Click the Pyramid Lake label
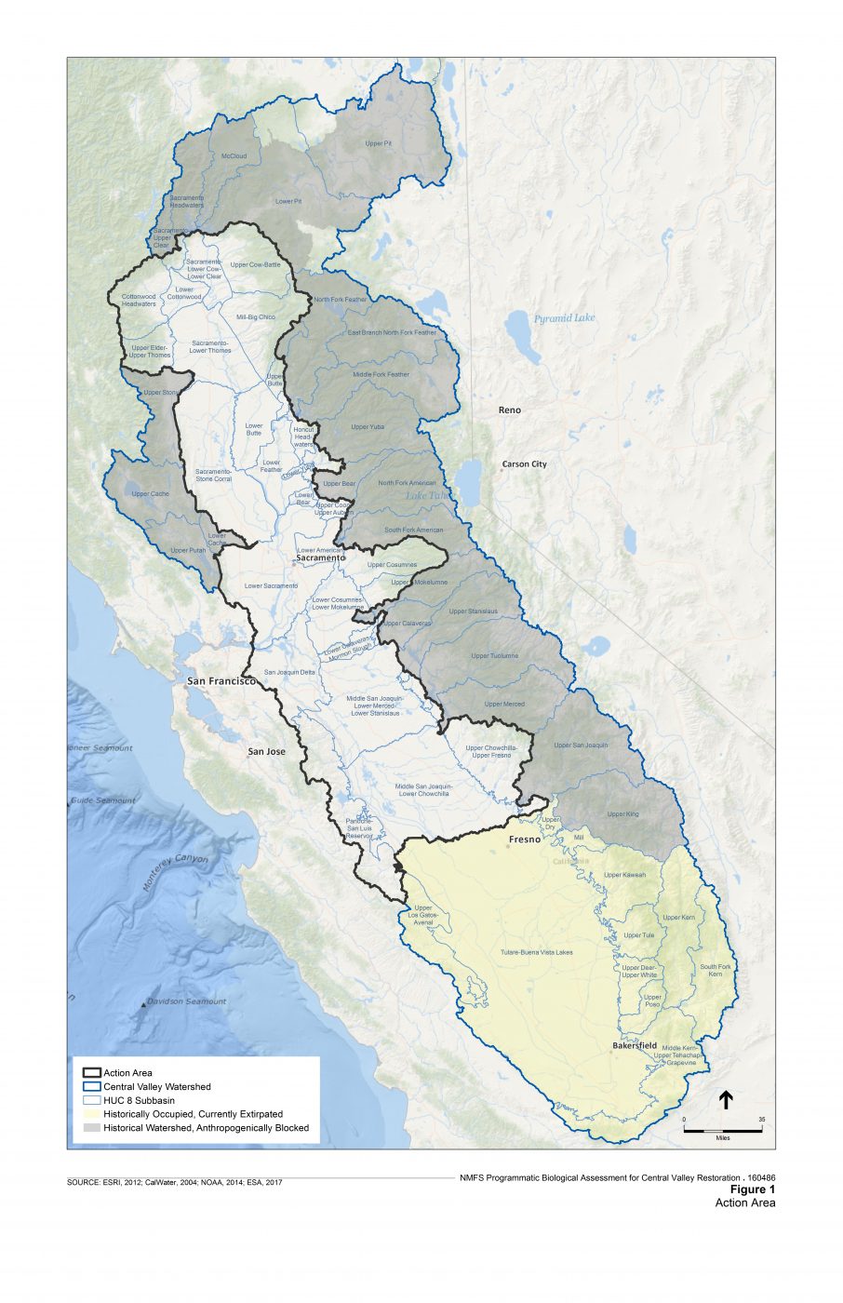tap(564, 318)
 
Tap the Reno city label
tap(509, 410)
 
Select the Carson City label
tap(525, 463)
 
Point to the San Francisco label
tap(221, 681)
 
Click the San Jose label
tap(267, 751)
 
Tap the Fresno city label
tap(525, 840)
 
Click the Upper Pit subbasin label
tap(379, 143)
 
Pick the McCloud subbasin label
tap(234, 156)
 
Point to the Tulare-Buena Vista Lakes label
tap(536, 952)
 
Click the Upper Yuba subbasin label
tap(368, 427)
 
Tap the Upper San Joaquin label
tap(581, 746)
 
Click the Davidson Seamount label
tap(186, 1001)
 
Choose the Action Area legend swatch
tap(91, 1073)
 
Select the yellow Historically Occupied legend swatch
tap(91, 1114)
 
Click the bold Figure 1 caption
tap(752, 1189)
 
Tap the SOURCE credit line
tap(174, 1182)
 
